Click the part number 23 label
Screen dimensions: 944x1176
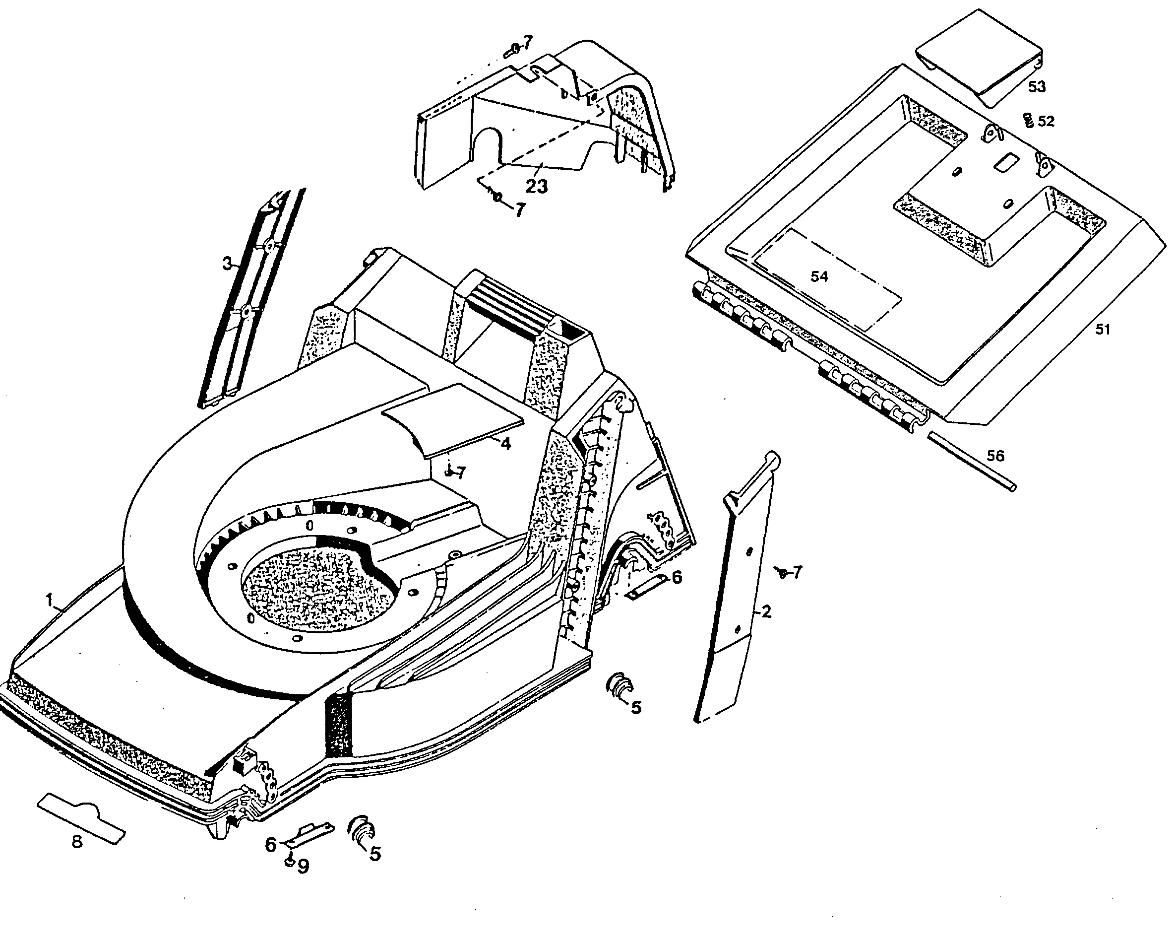536,186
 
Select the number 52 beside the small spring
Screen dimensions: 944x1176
1046,121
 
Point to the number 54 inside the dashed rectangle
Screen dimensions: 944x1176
819,276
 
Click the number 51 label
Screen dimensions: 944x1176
1103,330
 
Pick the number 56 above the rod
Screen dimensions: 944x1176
995,456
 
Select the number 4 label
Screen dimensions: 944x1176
505,444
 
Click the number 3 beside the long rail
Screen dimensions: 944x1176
227,264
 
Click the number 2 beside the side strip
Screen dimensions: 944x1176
766,611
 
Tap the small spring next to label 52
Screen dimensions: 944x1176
1029,121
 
